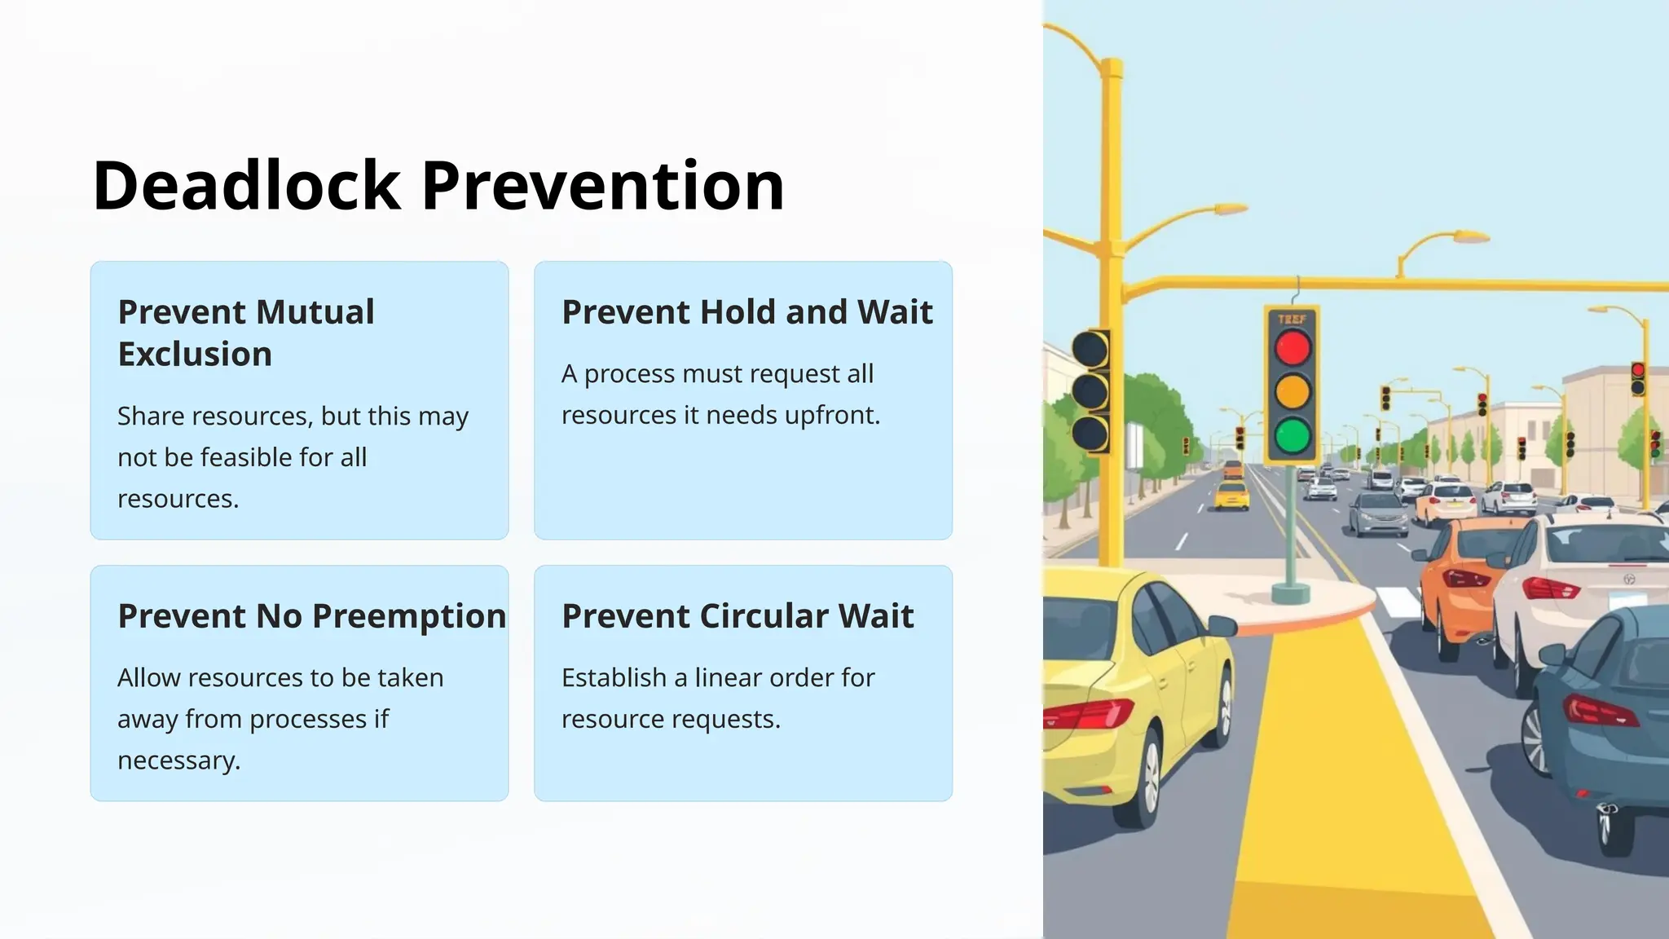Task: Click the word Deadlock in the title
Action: click(x=246, y=186)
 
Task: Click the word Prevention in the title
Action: click(x=603, y=186)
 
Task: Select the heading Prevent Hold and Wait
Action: click(x=746, y=312)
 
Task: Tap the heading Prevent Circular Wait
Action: click(x=738, y=616)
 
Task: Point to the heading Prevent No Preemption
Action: click(x=311, y=616)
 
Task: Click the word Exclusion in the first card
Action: click(x=195, y=355)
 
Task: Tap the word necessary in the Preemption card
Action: click(x=178, y=760)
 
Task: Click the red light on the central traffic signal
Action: click(x=1292, y=349)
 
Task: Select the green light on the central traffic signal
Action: click(x=1292, y=435)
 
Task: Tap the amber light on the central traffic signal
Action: click(x=1292, y=392)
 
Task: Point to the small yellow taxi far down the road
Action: click(x=1231, y=495)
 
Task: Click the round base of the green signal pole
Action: click(x=1291, y=593)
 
